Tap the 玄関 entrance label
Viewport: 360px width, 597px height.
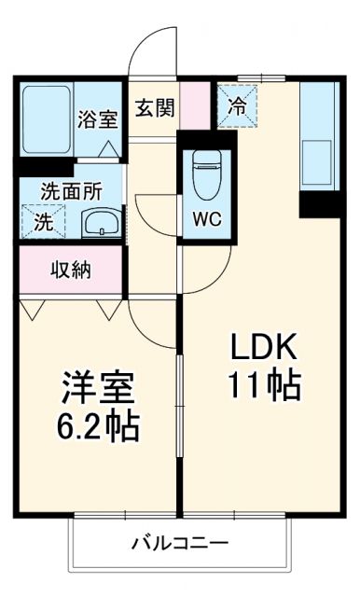[x=154, y=107]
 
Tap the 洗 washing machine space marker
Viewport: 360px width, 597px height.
[x=43, y=222]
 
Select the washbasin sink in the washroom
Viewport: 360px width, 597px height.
[x=100, y=224]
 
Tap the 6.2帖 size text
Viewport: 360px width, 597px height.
[x=100, y=426]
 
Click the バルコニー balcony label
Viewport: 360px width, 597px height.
[x=180, y=542]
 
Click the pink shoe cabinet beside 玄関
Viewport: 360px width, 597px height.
[x=196, y=105]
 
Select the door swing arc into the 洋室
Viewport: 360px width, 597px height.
[x=149, y=322]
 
